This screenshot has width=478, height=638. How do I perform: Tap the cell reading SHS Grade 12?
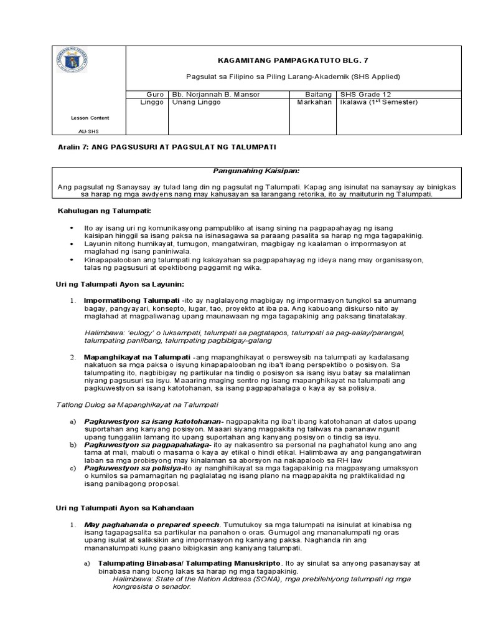(x=365, y=94)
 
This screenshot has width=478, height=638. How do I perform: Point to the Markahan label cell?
(x=314, y=102)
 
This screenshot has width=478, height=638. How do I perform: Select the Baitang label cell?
(x=317, y=94)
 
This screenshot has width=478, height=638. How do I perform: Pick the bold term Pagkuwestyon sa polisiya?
(x=132, y=467)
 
